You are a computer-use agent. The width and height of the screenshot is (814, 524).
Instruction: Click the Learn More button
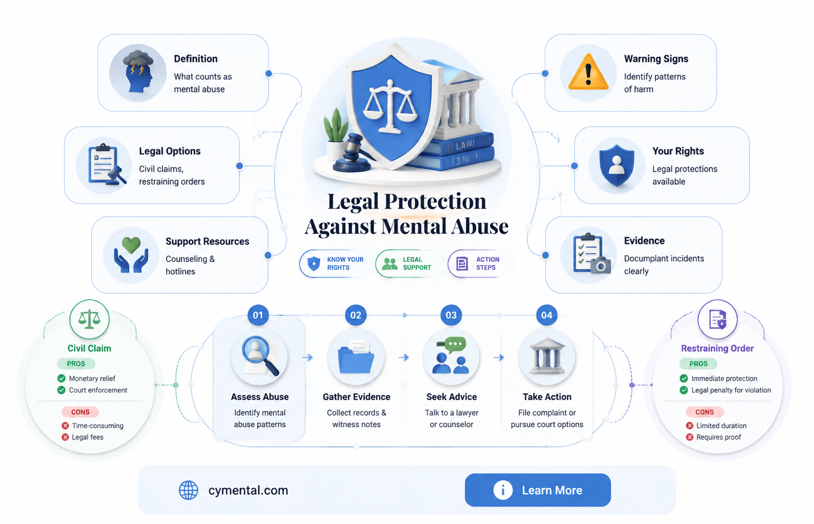(x=537, y=490)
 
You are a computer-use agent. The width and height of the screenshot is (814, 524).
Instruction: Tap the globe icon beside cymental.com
(x=188, y=490)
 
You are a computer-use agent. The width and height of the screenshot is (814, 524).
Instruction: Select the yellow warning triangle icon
(x=588, y=72)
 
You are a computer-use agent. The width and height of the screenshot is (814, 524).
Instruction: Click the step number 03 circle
(x=451, y=315)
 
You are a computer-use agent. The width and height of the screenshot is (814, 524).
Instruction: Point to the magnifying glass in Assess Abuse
(x=259, y=355)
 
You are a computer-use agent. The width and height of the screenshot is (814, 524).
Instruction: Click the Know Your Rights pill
(x=334, y=264)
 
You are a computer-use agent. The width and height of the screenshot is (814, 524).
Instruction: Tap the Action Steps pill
(x=480, y=264)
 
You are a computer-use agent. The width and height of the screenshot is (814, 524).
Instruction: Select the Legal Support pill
(x=409, y=264)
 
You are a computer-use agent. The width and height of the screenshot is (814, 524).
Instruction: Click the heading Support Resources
(x=207, y=241)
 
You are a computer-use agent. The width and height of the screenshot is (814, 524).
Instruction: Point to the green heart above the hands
(x=131, y=245)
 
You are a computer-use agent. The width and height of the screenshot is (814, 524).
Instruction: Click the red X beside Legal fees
(x=65, y=437)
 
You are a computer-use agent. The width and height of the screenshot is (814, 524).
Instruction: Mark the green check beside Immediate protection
(x=684, y=378)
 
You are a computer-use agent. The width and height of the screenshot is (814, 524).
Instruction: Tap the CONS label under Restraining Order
(x=705, y=412)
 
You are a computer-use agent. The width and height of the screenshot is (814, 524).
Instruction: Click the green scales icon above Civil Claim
(x=90, y=319)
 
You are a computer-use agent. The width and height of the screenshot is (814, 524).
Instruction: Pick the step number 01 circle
(x=258, y=315)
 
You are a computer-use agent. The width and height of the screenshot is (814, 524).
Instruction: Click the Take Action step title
(x=547, y=397)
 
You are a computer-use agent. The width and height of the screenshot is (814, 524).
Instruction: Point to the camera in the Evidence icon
(x=600, y=265)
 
